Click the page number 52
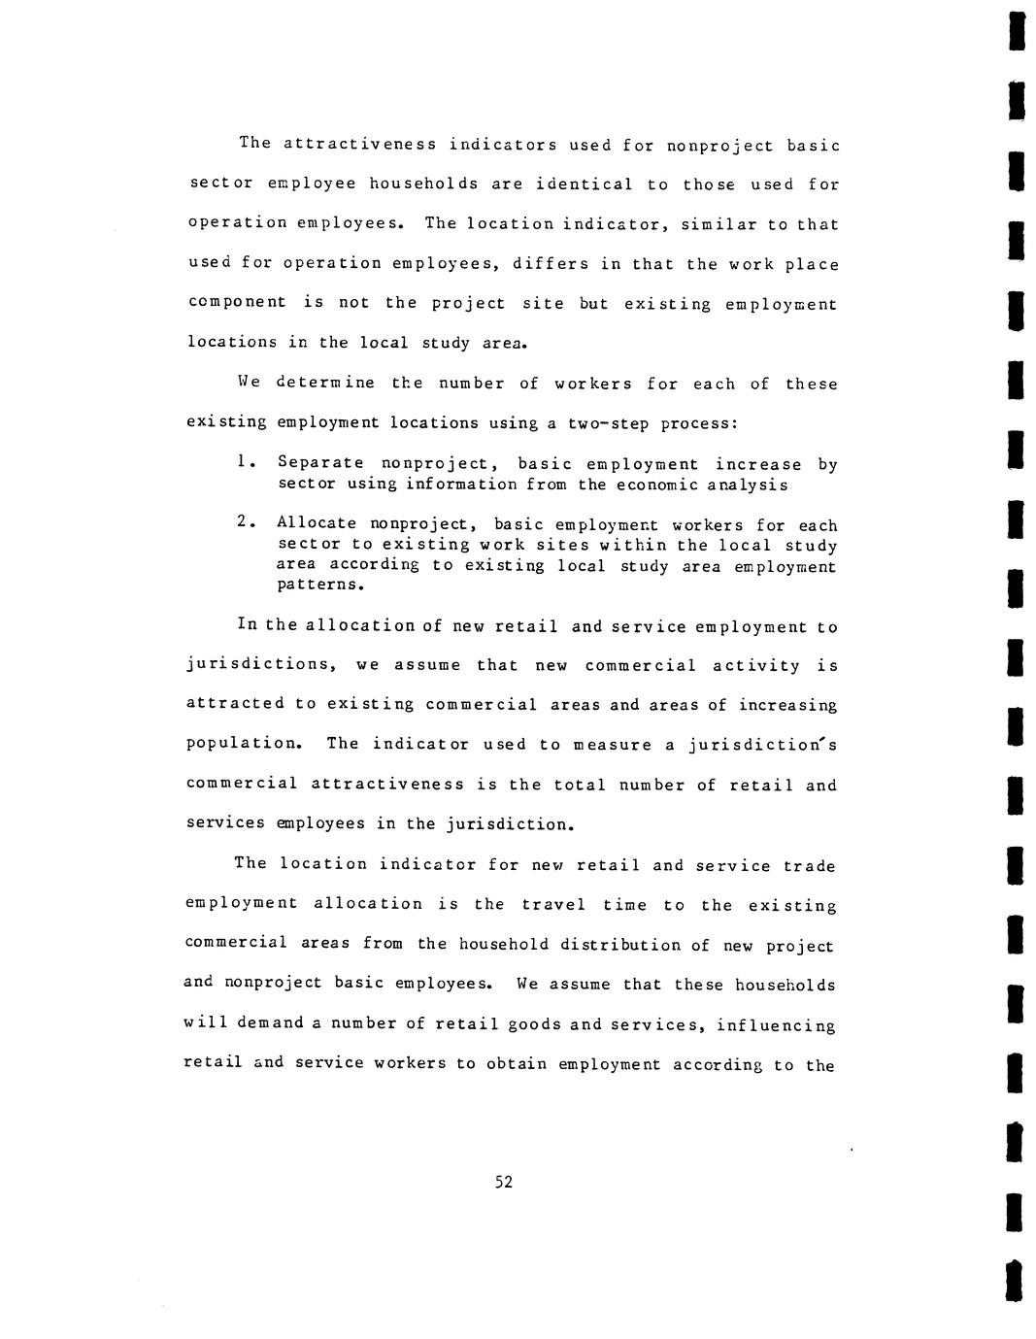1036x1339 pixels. (x=504, y=1182)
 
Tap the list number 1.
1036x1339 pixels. (x=242, y=463)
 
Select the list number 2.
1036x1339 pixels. (x=242, y=523)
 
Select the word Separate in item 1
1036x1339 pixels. (x=320, y=464)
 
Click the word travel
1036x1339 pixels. (x=553, y=905)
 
